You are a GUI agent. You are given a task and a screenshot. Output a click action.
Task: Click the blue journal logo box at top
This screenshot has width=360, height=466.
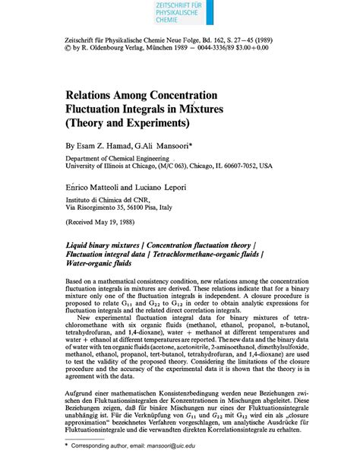179,14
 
